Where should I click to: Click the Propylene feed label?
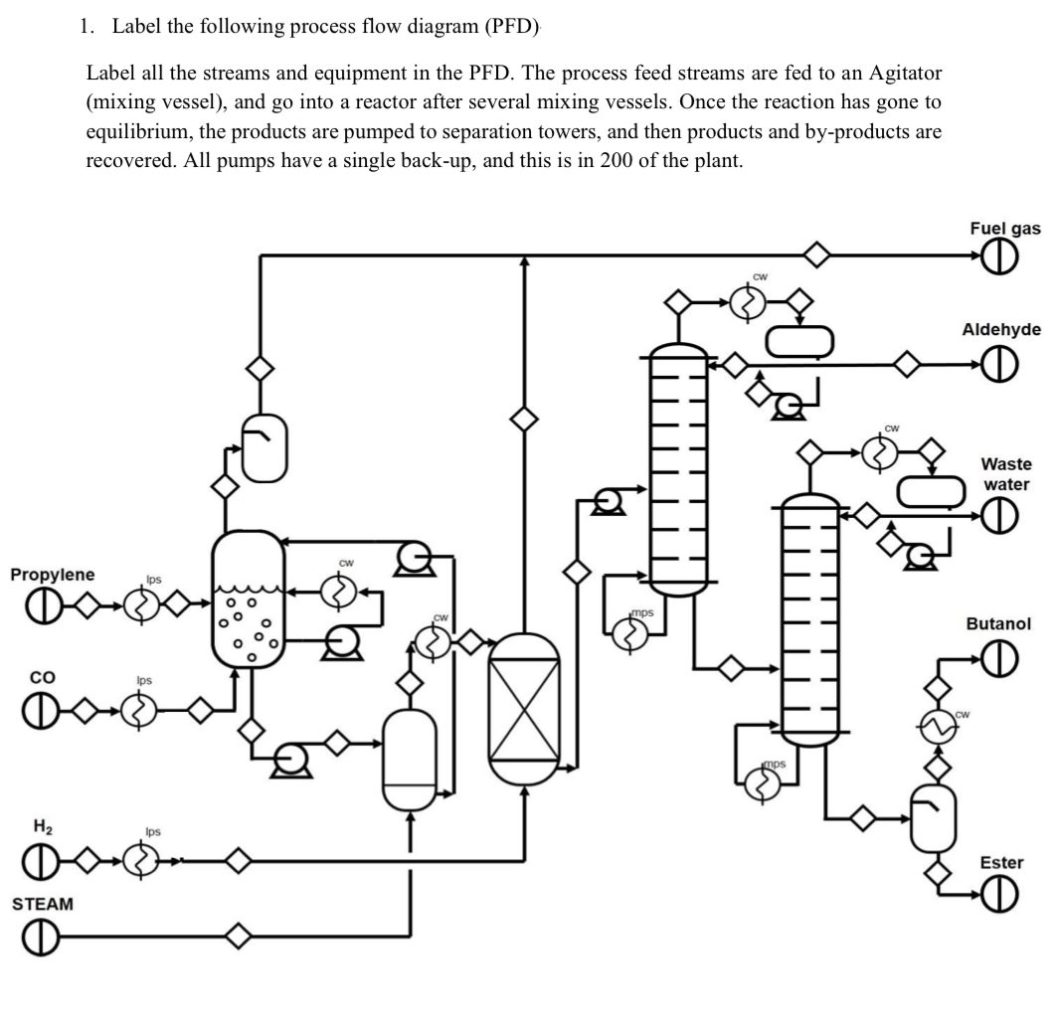[x=53, y=575]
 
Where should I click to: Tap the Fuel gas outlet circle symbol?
[x=1001, y=257]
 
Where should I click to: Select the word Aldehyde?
[x=1001, y=329]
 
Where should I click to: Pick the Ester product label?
[x=1000, y=862]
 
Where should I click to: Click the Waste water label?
[x=1006, y=474]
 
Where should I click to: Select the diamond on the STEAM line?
[x=238, y=936]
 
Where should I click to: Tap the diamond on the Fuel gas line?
[x=816, y=257]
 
